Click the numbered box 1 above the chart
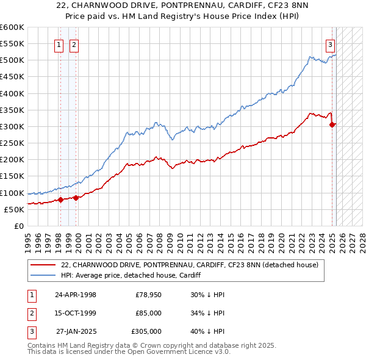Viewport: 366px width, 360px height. point(60,44)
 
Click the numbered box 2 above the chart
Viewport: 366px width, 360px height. point(73,44)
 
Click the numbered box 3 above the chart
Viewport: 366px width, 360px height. point(330,44)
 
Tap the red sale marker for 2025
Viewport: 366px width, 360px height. point(332,124)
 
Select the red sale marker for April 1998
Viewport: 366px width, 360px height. point(60,200)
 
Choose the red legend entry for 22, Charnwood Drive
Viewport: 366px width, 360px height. point(190,265)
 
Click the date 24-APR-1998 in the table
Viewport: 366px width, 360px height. point(76,295)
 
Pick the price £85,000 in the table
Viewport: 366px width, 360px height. point(148,313)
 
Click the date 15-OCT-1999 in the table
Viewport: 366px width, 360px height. point(76,313)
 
